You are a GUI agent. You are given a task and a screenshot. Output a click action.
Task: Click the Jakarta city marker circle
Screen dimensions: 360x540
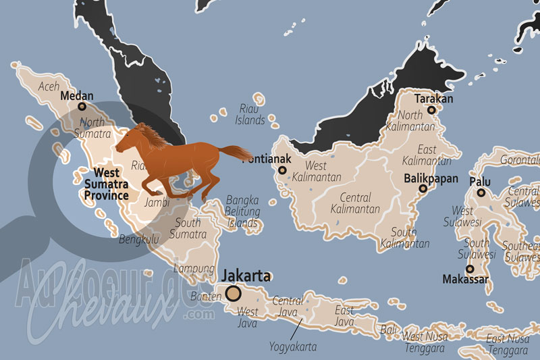[234, 293]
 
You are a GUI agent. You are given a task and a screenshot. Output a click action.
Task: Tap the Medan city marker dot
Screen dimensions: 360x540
[82, 106]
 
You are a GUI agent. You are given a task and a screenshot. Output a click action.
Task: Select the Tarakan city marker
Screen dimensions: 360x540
[431, 109]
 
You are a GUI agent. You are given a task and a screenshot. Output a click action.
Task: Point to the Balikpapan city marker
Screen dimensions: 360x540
[423, 188]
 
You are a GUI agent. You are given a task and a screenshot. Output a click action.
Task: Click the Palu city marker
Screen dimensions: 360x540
[481, 192]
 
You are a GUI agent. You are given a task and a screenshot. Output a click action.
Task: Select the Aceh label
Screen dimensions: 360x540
[49, 86]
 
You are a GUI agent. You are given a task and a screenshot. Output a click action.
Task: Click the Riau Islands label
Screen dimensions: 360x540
[250, 114]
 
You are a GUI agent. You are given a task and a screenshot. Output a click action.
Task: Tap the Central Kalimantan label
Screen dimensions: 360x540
[355, 203]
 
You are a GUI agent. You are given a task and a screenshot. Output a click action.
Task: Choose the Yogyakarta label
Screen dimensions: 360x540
[293, 346]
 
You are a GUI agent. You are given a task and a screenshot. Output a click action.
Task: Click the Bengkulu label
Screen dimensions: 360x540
[138, 239]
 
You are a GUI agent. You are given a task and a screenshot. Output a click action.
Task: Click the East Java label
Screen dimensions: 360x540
[344, 316]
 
